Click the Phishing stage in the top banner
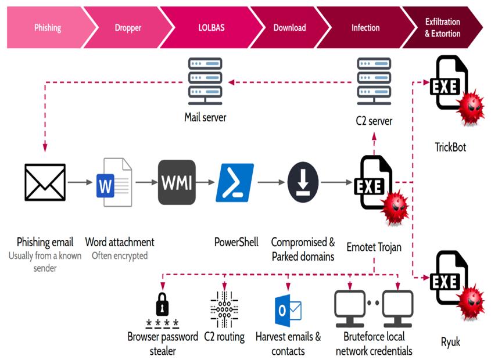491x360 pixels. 46,28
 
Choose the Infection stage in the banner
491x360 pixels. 365,28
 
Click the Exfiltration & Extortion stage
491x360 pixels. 443,28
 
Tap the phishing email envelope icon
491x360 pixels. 45,183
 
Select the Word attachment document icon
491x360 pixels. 114,182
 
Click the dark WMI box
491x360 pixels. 177,182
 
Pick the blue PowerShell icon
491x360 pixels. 235,182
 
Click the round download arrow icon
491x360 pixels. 303,182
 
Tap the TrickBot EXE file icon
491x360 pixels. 450,84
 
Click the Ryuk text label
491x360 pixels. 450,342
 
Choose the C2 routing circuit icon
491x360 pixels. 224,310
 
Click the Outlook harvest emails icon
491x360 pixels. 288,311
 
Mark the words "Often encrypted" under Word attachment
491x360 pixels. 120,255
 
